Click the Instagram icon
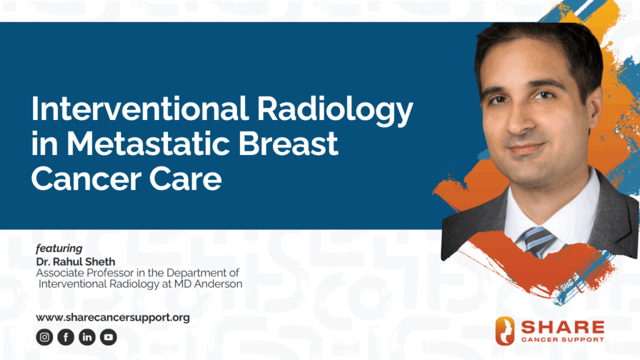coord(44,337)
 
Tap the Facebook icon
coord(66,337)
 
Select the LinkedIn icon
coord(87,337)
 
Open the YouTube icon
coord(108,337)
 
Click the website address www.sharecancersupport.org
coord(112,317)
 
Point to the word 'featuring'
coord(59,248)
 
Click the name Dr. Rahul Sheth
coord(76,262)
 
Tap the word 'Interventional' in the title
coord(139,109)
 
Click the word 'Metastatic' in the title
coord(148,144)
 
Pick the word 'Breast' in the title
coord(288,144)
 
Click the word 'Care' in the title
coord(185,179)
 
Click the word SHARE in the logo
coord(563,327)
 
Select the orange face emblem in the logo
coord(505,331)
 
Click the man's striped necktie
coord(539,241)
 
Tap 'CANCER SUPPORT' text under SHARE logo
coord(563,339)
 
